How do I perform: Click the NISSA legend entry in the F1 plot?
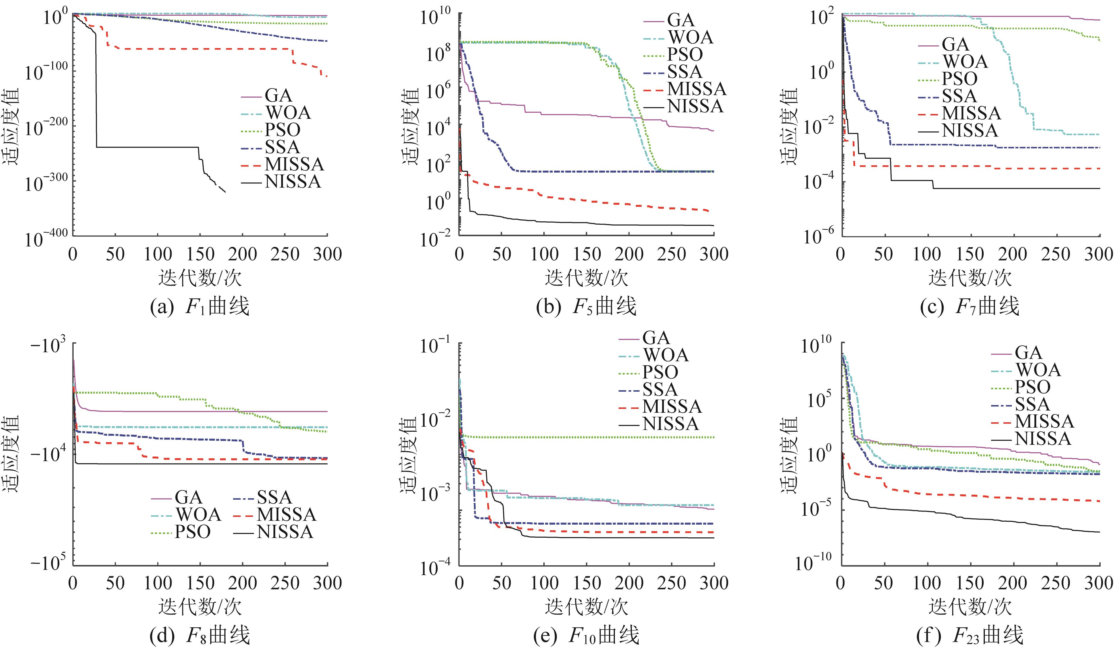pos(293,182)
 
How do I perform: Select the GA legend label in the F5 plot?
pos(681,20)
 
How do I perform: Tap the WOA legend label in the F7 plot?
pos(965,61)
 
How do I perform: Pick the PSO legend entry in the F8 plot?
pos(192,531)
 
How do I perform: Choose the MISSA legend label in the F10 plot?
pos(672,406)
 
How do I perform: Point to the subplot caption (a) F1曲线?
pos(200,307)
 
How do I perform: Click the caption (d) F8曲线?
pos(200,635)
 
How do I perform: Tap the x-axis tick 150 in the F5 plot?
pos(587,254)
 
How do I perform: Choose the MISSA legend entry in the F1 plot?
pos(294,164)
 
